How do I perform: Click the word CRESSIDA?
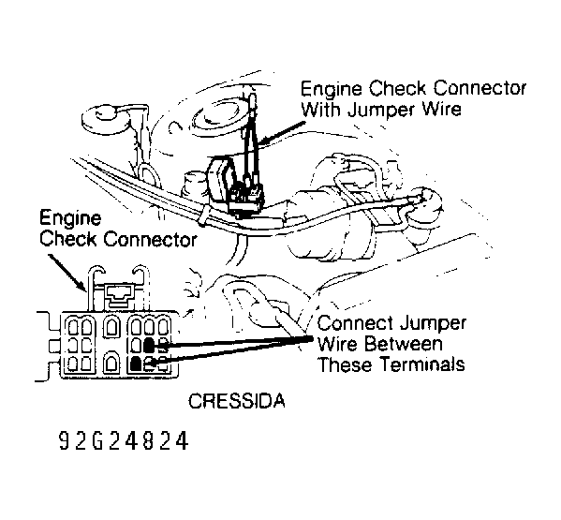point(237,401)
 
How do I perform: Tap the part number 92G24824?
point(123,440)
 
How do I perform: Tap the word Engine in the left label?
point(70,218)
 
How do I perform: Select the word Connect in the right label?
point(355,323)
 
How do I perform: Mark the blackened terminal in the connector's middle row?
point(149,346)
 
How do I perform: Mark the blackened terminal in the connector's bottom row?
point(136,364)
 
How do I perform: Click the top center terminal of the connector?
point(111,327)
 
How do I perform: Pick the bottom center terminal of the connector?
point(111,363)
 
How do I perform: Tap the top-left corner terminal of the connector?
point(74,327)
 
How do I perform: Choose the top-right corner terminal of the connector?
point(163,327)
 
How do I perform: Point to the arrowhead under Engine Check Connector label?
point(81,286)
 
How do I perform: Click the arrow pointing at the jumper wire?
point(280,132)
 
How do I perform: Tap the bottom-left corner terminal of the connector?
point(74,363)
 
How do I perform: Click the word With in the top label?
point(321,109)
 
